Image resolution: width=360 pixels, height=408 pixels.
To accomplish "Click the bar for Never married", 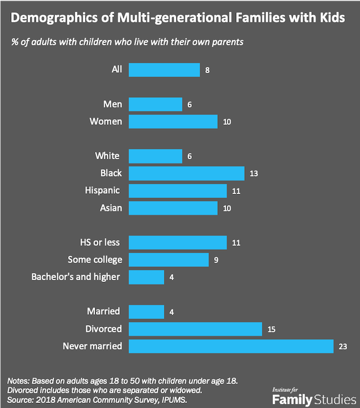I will (231, 346).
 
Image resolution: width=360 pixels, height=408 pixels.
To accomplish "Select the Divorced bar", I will (195, 328).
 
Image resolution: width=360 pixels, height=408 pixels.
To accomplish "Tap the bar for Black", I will (186, 173).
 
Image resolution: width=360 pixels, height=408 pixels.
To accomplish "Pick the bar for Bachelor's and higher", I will (146, 277).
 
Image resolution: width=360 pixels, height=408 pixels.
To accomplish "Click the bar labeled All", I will (164, 70).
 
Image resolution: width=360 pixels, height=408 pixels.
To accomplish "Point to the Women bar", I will (173, 122).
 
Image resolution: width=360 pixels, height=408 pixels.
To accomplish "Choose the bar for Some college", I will (169, 259).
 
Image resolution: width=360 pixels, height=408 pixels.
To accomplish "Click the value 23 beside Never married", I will (344, 346).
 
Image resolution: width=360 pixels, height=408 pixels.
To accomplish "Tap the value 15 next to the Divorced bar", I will (272, 329).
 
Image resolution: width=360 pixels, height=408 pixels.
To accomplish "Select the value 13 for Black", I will (254, 173).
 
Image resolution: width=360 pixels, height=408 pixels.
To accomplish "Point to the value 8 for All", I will (208, 70).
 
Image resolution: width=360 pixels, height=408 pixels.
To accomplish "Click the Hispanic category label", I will (103, 190).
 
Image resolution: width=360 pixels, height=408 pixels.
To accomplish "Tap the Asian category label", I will (110, 208).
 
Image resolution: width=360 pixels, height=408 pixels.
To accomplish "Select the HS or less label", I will (101, 242).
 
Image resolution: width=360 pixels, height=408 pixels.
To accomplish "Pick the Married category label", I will (105, 311).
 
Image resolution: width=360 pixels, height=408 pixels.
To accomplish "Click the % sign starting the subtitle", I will (14, 43).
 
